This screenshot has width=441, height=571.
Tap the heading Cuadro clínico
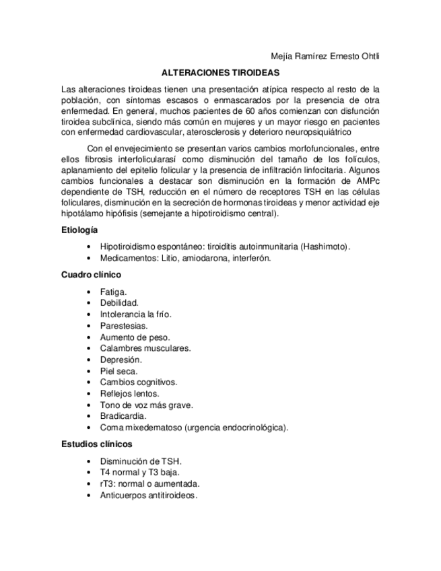coord(91,275)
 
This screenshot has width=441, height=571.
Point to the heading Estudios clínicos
coord(96,444)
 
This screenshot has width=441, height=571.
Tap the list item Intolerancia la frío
coord(136,314)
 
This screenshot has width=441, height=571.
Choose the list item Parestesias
coord(124,325)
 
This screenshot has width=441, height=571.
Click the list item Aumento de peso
coord(135,337)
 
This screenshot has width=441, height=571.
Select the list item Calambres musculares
coord(145,348)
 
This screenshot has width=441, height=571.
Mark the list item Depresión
coord(121,360)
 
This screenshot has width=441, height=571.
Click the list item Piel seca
coord(118,371)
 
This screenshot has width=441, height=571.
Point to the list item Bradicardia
coord(123,416)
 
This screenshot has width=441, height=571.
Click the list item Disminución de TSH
coord(141,461)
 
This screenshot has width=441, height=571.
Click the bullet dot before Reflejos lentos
coord(90,393)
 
